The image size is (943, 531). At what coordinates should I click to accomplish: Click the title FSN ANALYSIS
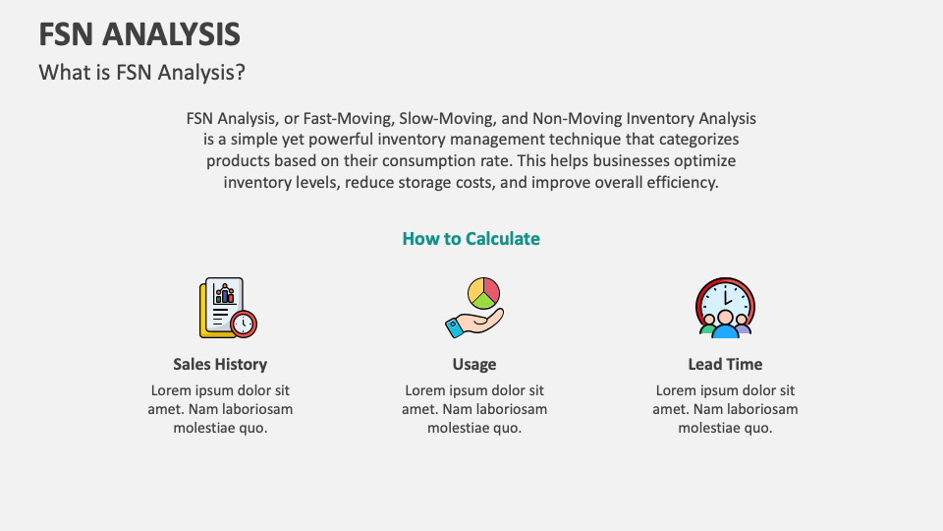click(x=139, y=34)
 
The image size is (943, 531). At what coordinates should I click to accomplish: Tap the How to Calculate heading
click(x=471, y=239)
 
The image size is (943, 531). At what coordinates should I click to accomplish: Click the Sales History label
click(x=220, y=364)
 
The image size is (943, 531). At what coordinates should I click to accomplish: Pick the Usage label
click(x=474, y=364)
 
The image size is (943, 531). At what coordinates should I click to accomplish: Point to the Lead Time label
click(x=725, y=364)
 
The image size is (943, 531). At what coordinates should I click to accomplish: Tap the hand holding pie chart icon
click(x=473, y=308)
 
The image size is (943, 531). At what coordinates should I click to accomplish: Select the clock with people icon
click(x=725, y=308)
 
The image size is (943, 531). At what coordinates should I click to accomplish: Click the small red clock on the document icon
click(x=243, y=323)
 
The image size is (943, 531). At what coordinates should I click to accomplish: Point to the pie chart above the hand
click(x=483, y=292)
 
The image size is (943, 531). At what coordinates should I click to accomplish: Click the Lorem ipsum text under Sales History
click(x=220, y=408)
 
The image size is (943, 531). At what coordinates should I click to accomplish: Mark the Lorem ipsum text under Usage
click(x=474, y=408)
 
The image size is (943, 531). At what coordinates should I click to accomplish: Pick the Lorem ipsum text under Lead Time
click(x=725, y=408)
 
